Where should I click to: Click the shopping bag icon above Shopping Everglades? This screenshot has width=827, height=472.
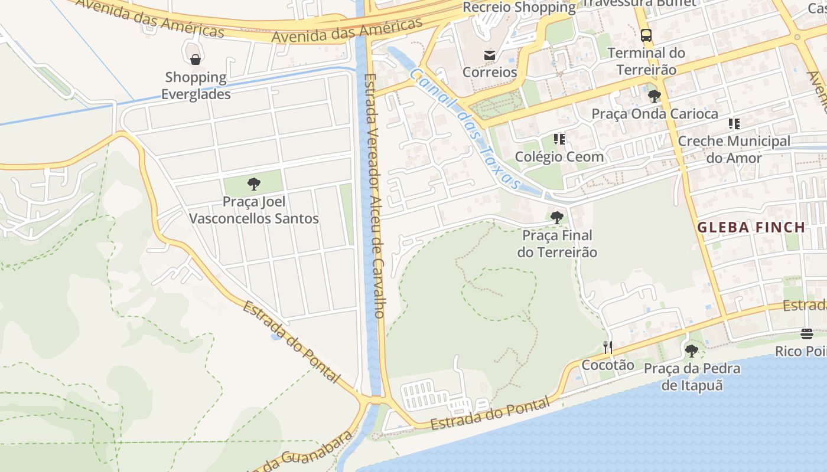pyautogui.click(x=196, y=59)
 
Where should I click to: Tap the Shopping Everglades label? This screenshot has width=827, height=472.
pyautogui.click(x=196, y=86)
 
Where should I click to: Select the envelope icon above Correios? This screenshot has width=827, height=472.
pyautogui.click(x=490, y=55)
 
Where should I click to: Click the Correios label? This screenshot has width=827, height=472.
pyautogui.click(x=490, y=72)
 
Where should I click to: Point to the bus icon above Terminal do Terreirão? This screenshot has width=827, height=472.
pyautogui.click(x=646, y=35)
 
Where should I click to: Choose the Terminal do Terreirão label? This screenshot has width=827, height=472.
pyautogui.click(x=646, y=61)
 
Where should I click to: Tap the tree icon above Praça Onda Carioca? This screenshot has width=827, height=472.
pyautogui.click(x=654, y=96)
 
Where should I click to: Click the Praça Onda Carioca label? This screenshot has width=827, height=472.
pyautogui.click(x=655, y=113)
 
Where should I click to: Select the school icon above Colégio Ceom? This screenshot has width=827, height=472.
pyautogui.click(x=559, y=139)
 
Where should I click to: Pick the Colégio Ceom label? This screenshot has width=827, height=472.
pyautogui.click(x=559, y=156)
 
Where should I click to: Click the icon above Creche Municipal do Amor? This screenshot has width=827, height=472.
pyautogui.click(x=734, y=124)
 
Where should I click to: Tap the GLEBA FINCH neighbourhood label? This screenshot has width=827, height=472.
pyautogui.click(x=751, y=227)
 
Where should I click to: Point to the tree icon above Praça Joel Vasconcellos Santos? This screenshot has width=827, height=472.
pyautogui.click(x=254, y=184)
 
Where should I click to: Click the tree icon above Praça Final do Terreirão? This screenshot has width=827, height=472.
pyautogui.click(x=556, y=218)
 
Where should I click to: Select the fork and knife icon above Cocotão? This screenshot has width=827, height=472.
pyautogui.click(x=607, y=348)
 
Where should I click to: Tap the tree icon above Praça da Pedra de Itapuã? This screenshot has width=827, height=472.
pyautogui.click(x=692, y=351)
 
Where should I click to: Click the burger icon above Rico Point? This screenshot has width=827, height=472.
pyautogui.click(x=807, y=334)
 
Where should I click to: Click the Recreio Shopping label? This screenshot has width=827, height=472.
pyautogui.click(x=519, y=8)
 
